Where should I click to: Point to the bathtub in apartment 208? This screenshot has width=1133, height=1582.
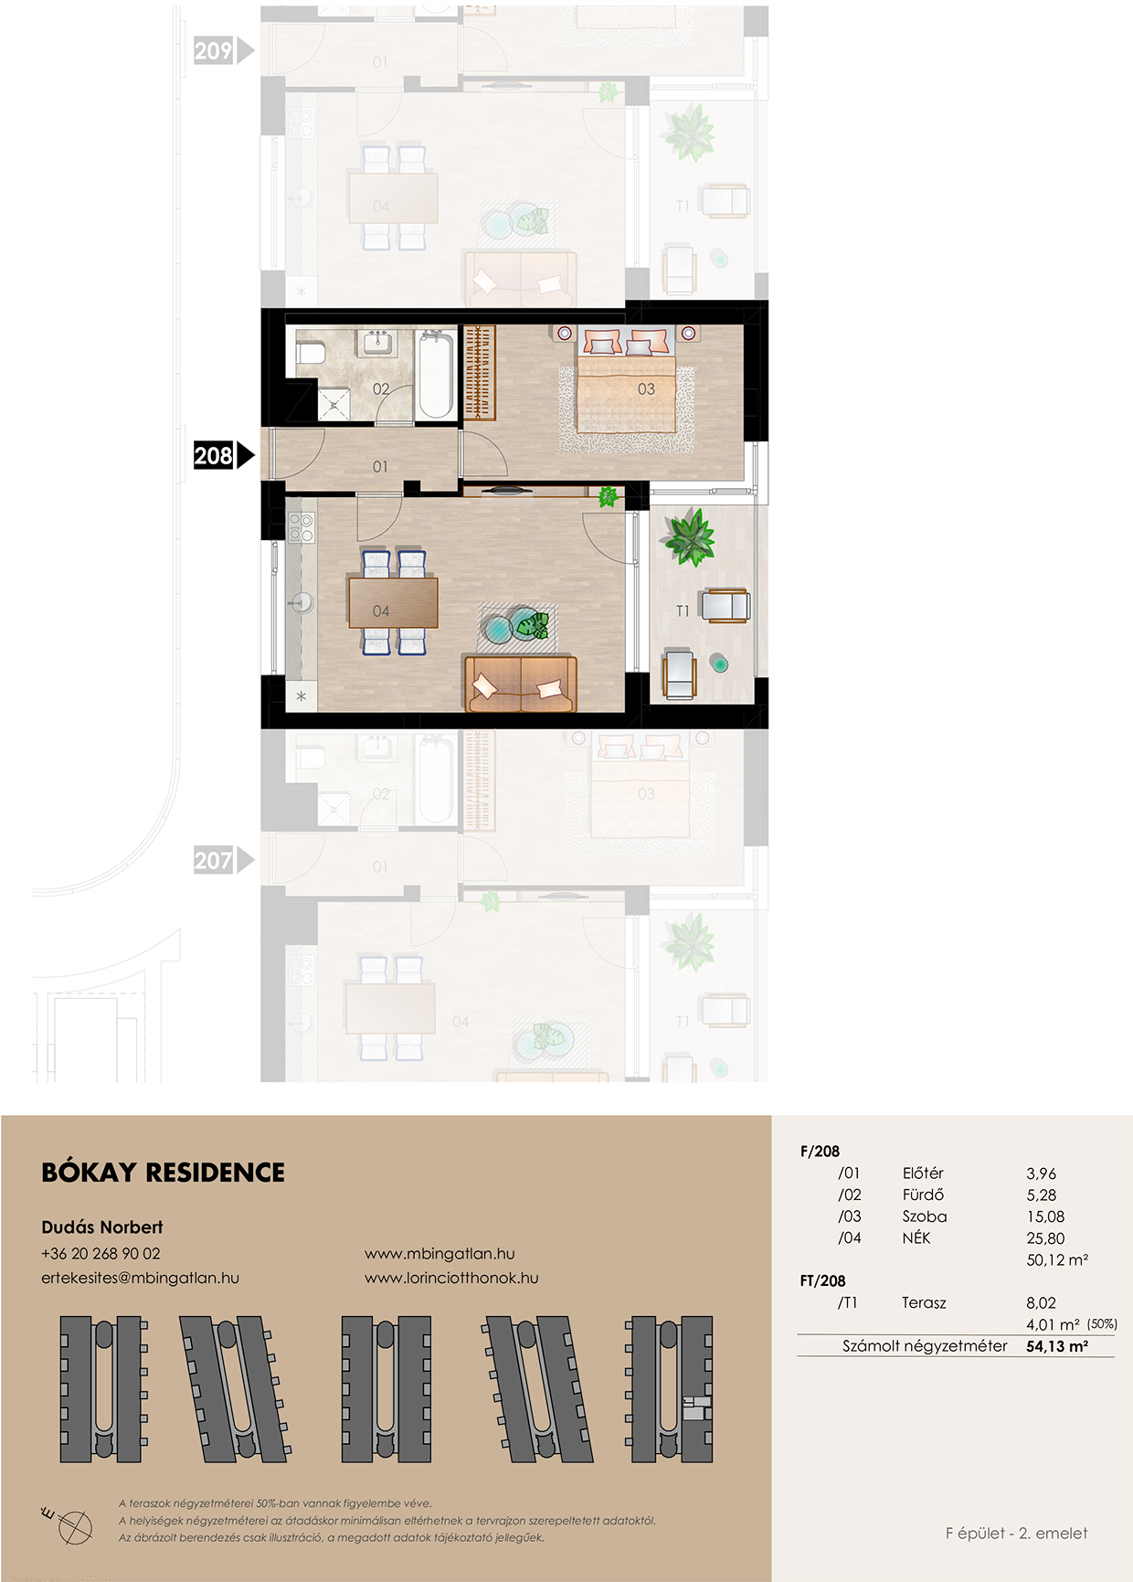pos(435,376)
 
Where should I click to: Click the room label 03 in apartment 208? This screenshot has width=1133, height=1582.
pos(646,389)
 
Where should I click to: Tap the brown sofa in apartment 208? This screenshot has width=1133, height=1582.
pos(521,684)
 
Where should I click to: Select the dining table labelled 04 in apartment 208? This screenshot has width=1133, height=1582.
pos(393,602)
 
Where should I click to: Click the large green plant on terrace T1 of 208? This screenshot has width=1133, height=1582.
pos(690,536)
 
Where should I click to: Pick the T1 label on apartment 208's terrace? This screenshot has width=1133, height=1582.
pos(683,611)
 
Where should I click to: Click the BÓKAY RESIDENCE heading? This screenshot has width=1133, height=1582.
pos(164,1173)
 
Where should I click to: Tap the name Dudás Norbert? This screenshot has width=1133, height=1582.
pos(102,1227)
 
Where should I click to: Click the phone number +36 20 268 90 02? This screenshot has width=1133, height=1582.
pos(101,1254)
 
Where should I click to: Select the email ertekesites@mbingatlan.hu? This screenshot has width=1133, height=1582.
pos(140,1278)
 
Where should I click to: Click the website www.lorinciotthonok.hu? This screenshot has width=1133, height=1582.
pos(451,1278)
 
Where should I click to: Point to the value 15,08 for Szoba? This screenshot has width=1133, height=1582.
pos(1045,1216)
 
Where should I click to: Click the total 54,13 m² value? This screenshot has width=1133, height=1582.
pos(1057,1346)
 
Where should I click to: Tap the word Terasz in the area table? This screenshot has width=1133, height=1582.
pos(924,1302)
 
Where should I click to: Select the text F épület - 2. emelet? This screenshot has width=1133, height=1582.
pos(1016,1533)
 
